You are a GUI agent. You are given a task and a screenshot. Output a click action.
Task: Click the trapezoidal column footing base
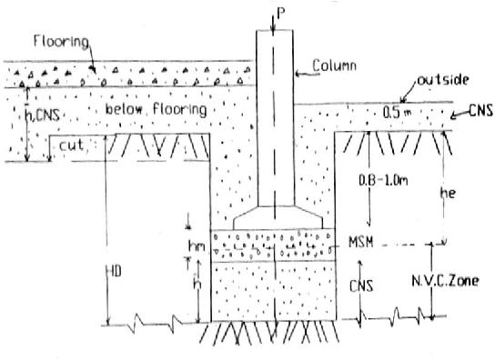pyautogui.click(x=273, y=220)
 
